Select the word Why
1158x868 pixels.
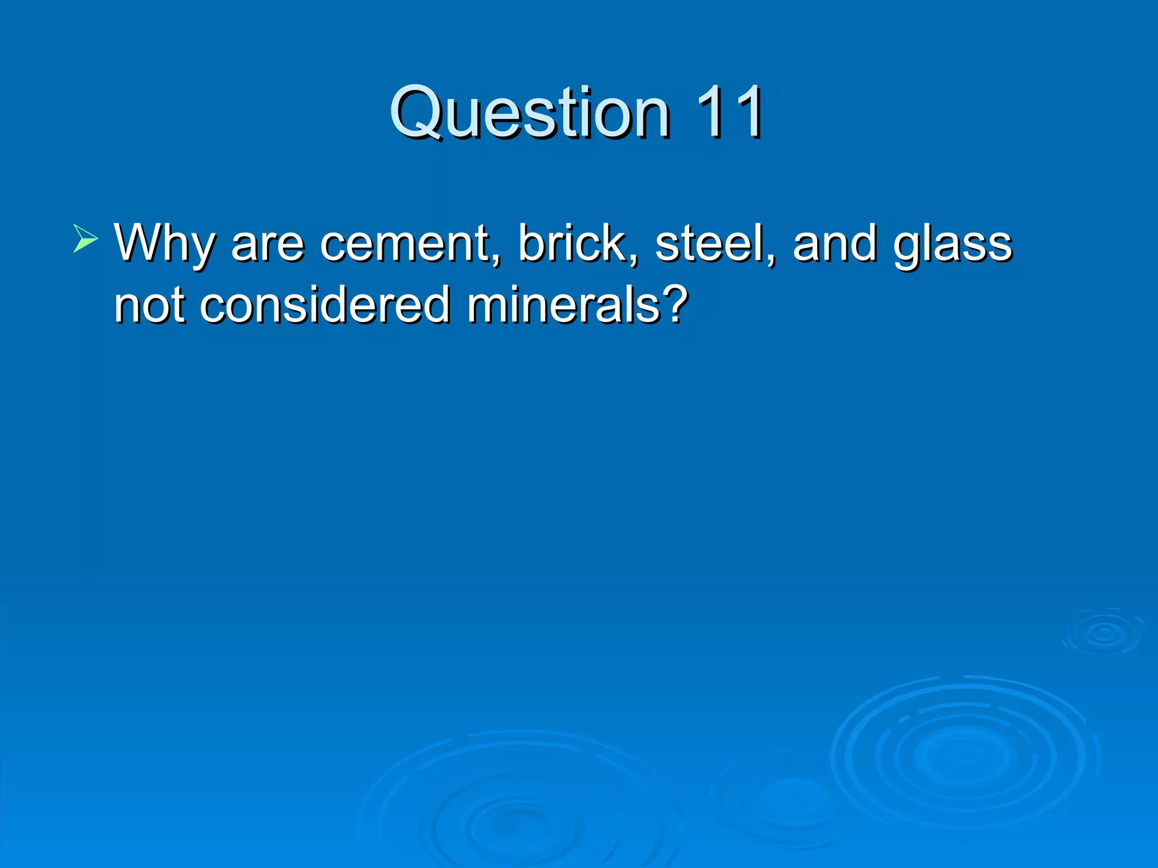tap(165, 244)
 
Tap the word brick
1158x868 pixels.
tap(572, 244)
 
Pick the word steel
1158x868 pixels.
tap(710, 244)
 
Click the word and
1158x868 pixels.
tap(834, 244)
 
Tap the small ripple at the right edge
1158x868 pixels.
tap(1104, 632)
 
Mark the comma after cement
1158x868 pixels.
tap(496, 260)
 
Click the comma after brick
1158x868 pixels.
tap(633, 260)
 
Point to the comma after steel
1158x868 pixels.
tap(771, 260)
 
